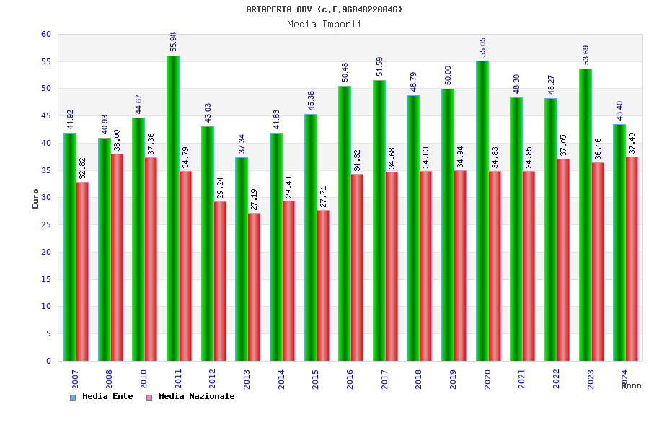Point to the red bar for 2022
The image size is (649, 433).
point(563,260)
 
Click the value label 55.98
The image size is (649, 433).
point(173,42)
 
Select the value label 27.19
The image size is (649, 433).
point(254,200)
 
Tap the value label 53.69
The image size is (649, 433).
point(586,55)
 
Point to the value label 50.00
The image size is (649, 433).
point(448,75)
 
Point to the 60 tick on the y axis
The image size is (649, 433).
point(46,34)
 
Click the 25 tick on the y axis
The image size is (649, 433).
point(46,224)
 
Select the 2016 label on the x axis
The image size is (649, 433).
point(350,379)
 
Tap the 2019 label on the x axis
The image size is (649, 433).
point(454,379)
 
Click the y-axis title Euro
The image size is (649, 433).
point(36,198)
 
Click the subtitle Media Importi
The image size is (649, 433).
point(324,24)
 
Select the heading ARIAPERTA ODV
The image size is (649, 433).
point(324,9)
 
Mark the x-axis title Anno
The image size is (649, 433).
point(631,385)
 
